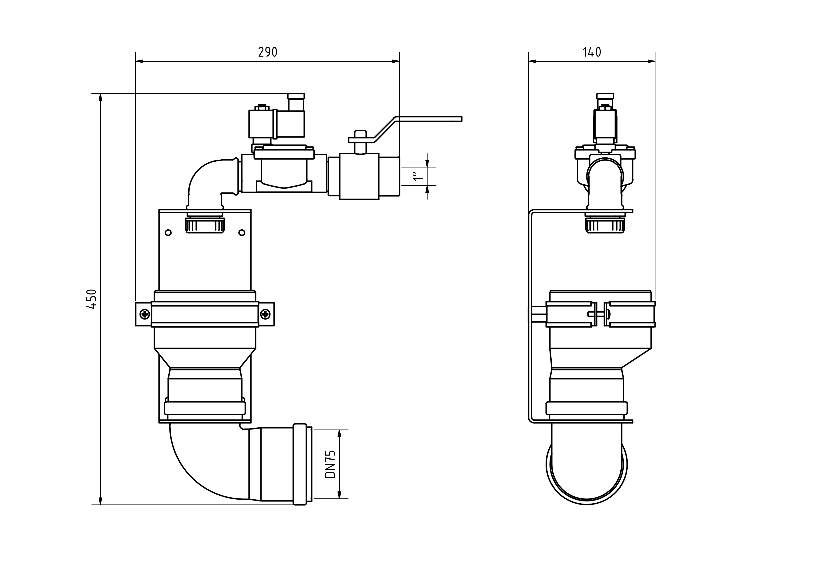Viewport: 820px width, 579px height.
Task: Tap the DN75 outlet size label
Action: [330, 464]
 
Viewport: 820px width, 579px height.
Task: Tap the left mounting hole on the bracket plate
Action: [168, 233]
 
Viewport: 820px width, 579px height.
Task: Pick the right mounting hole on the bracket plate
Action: [242, 233]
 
